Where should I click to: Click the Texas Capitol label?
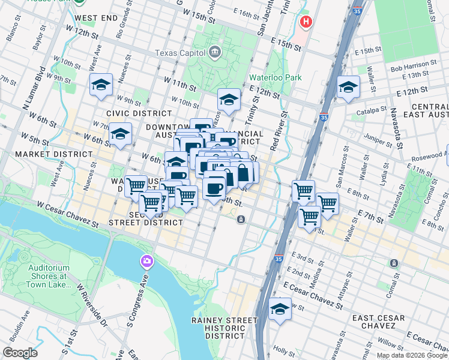[x=180, y=53]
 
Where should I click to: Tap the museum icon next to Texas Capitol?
[x=214, y=53]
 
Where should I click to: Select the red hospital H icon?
[x=306, y=22]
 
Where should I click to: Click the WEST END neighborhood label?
[x=97, y=19]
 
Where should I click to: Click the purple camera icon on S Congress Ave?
[x=146, y=261]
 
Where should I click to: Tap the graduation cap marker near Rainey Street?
[x=280, y=310]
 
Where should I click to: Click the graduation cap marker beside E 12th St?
[x=348, y=87]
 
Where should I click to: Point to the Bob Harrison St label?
[x=413, y=64]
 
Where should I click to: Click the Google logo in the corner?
[x=20, y=352]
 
